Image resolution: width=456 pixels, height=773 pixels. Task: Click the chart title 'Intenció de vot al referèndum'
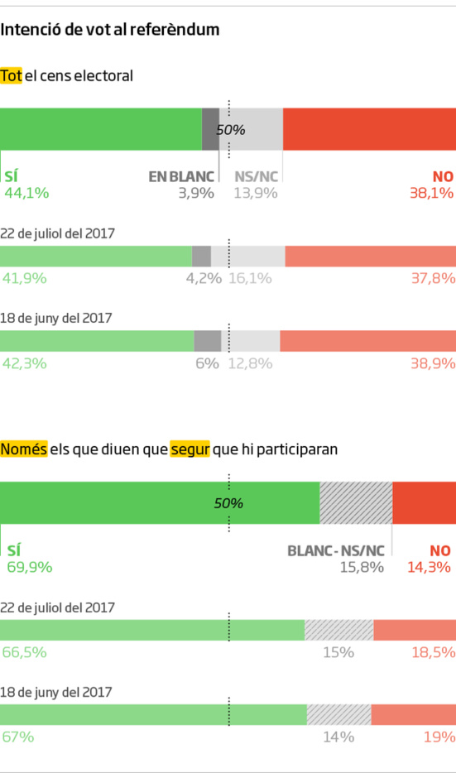[110, 30]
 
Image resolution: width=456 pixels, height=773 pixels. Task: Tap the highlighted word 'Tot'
[11, 75]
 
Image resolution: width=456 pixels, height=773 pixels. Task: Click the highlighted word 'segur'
[190, 449]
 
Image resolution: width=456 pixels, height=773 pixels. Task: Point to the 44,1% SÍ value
[26, 193]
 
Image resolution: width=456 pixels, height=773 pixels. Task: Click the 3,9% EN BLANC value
[196, 193]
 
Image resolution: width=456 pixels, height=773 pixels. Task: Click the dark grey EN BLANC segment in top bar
[210, 129]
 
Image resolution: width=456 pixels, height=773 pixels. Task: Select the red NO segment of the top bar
[369, 129]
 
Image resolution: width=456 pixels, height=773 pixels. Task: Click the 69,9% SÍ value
[29, 567]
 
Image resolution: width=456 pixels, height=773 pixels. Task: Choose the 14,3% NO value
[429, 567]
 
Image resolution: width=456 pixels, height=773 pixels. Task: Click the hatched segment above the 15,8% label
[356, 502]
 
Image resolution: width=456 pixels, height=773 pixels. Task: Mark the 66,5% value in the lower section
[24, 652]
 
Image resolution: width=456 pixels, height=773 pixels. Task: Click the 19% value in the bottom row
[438, 737]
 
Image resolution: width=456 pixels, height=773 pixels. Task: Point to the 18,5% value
[433, 652]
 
